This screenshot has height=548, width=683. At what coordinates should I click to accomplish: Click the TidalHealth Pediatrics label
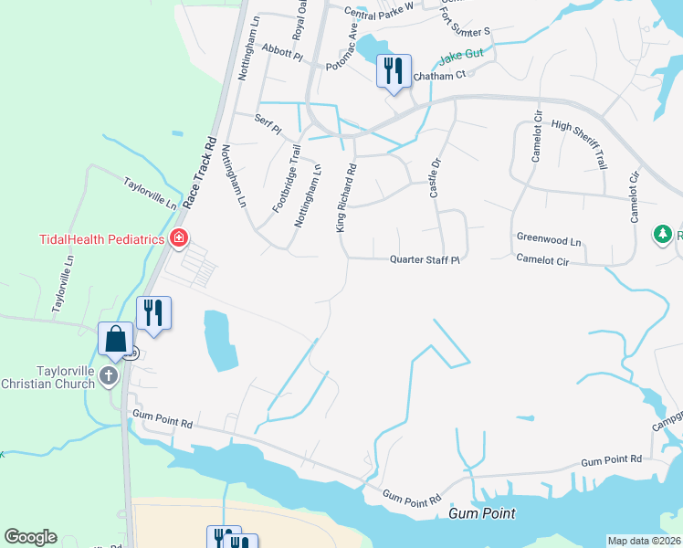(x=100, y=240)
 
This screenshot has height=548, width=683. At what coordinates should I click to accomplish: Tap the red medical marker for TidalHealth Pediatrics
(x=179, y=240)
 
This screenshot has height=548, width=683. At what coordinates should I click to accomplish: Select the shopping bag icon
(x=116, y=339)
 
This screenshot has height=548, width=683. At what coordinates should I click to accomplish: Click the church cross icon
(x=109, y=375)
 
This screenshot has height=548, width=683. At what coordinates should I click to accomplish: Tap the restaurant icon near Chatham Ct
(x=394, y=70)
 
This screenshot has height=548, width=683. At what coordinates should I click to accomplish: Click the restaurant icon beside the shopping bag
(x=153, y=313)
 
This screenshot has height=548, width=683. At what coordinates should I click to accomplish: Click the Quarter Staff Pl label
(x=424, y=259)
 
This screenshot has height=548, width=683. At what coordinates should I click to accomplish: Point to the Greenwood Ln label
(x=549, y=239)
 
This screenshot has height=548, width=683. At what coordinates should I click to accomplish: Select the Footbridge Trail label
(x=286, y=179)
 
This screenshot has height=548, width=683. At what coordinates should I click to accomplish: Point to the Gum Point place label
(x=483, y=514)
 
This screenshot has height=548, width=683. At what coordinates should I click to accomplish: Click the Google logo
(x=30, y=537)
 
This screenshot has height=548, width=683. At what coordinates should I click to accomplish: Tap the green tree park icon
(x=663, y=235)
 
